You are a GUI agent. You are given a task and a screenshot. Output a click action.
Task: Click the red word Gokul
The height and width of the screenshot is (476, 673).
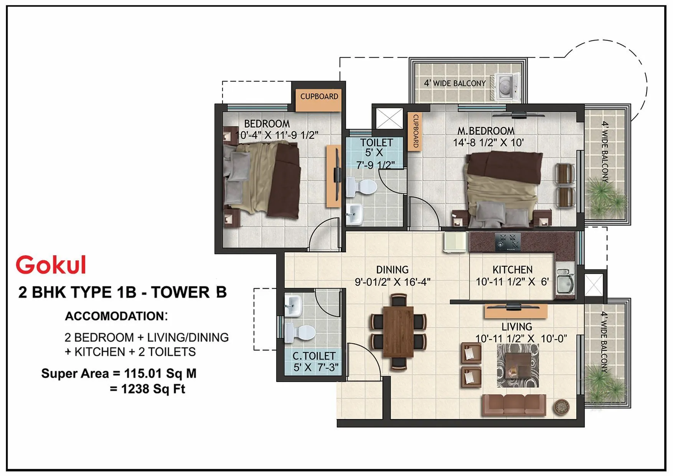click(x=51, y=265)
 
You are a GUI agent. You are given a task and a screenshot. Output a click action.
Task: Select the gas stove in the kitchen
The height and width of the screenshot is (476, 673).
click(x=508, y=242)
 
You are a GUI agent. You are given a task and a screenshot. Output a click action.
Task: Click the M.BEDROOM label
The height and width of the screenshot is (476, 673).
click(x=486, y=131)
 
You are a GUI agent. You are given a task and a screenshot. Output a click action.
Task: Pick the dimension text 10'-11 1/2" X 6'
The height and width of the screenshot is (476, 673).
click(x=512, y=282)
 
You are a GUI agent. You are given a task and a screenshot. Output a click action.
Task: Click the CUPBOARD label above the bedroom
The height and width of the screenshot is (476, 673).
click(x=319, y=96)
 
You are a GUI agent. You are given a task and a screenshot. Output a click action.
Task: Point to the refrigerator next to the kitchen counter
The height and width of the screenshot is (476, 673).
click(x=455, y=241)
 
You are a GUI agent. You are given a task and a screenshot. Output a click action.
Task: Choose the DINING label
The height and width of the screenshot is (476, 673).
click(x=392, y=269)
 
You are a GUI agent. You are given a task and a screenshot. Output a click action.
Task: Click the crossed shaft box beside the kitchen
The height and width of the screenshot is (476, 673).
click(x=594, y=284)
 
